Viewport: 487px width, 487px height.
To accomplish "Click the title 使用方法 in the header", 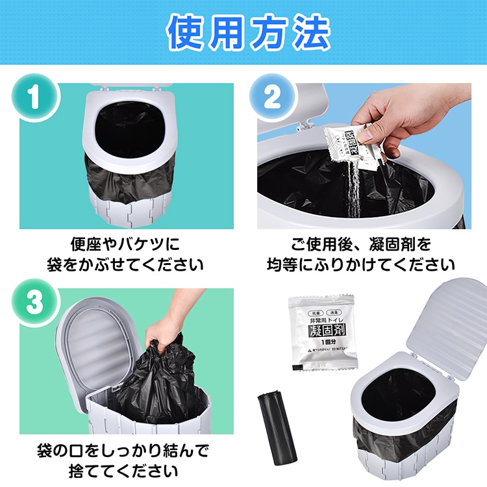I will pyautogui.click(x=243, y=32).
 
